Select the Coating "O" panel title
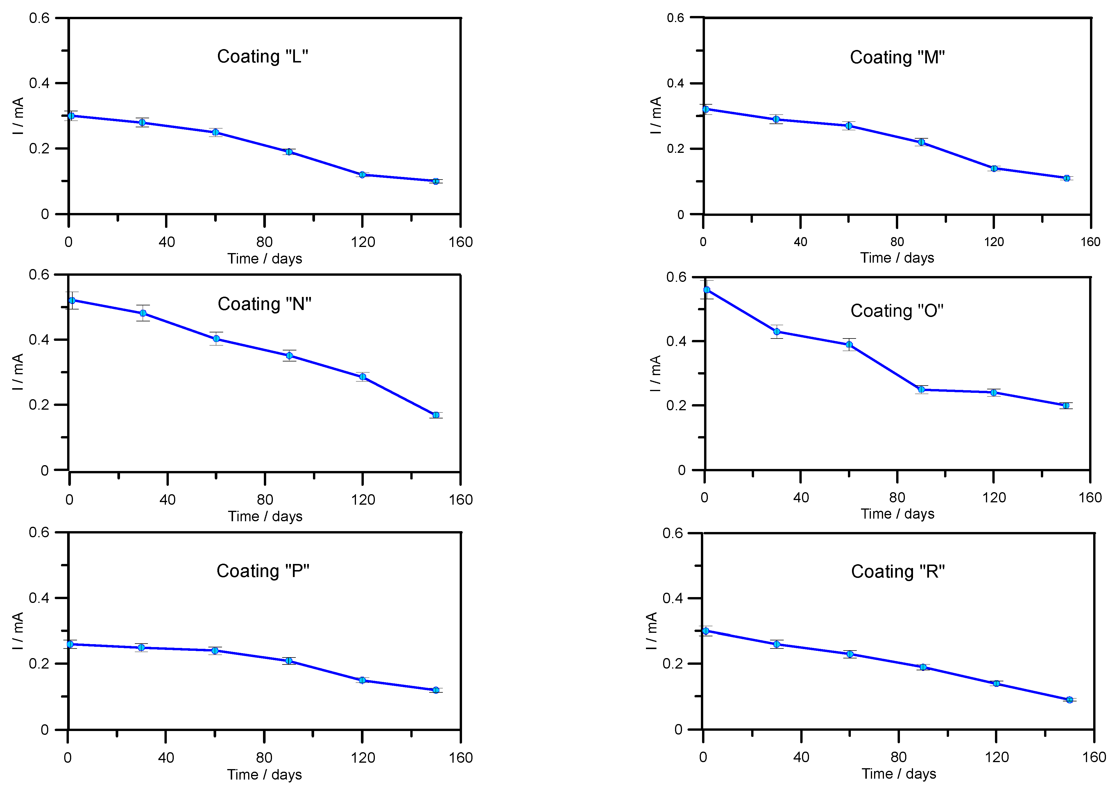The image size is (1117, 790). [x=897, y=311]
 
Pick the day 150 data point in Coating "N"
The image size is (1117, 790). [x=436, y=415]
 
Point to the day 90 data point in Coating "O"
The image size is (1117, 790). [x=921, y=389]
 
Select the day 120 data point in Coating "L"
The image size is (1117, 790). [x=362, y=175]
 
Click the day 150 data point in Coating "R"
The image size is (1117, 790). [x=1069, y=700]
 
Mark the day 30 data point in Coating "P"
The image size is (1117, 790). [x=141, y=647]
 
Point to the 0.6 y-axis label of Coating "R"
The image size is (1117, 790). [x=672, y=533]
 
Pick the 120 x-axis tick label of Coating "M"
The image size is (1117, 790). [x=994, y=242]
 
